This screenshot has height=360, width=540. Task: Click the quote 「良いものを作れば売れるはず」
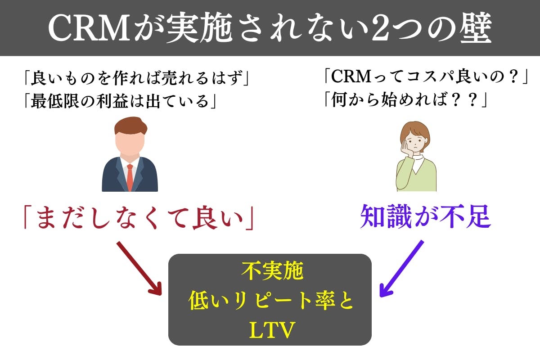click(x=136, y=80)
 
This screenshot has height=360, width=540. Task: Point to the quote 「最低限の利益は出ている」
click(x=121, y=102)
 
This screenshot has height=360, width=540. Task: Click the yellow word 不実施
click(x=270, y=271)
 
